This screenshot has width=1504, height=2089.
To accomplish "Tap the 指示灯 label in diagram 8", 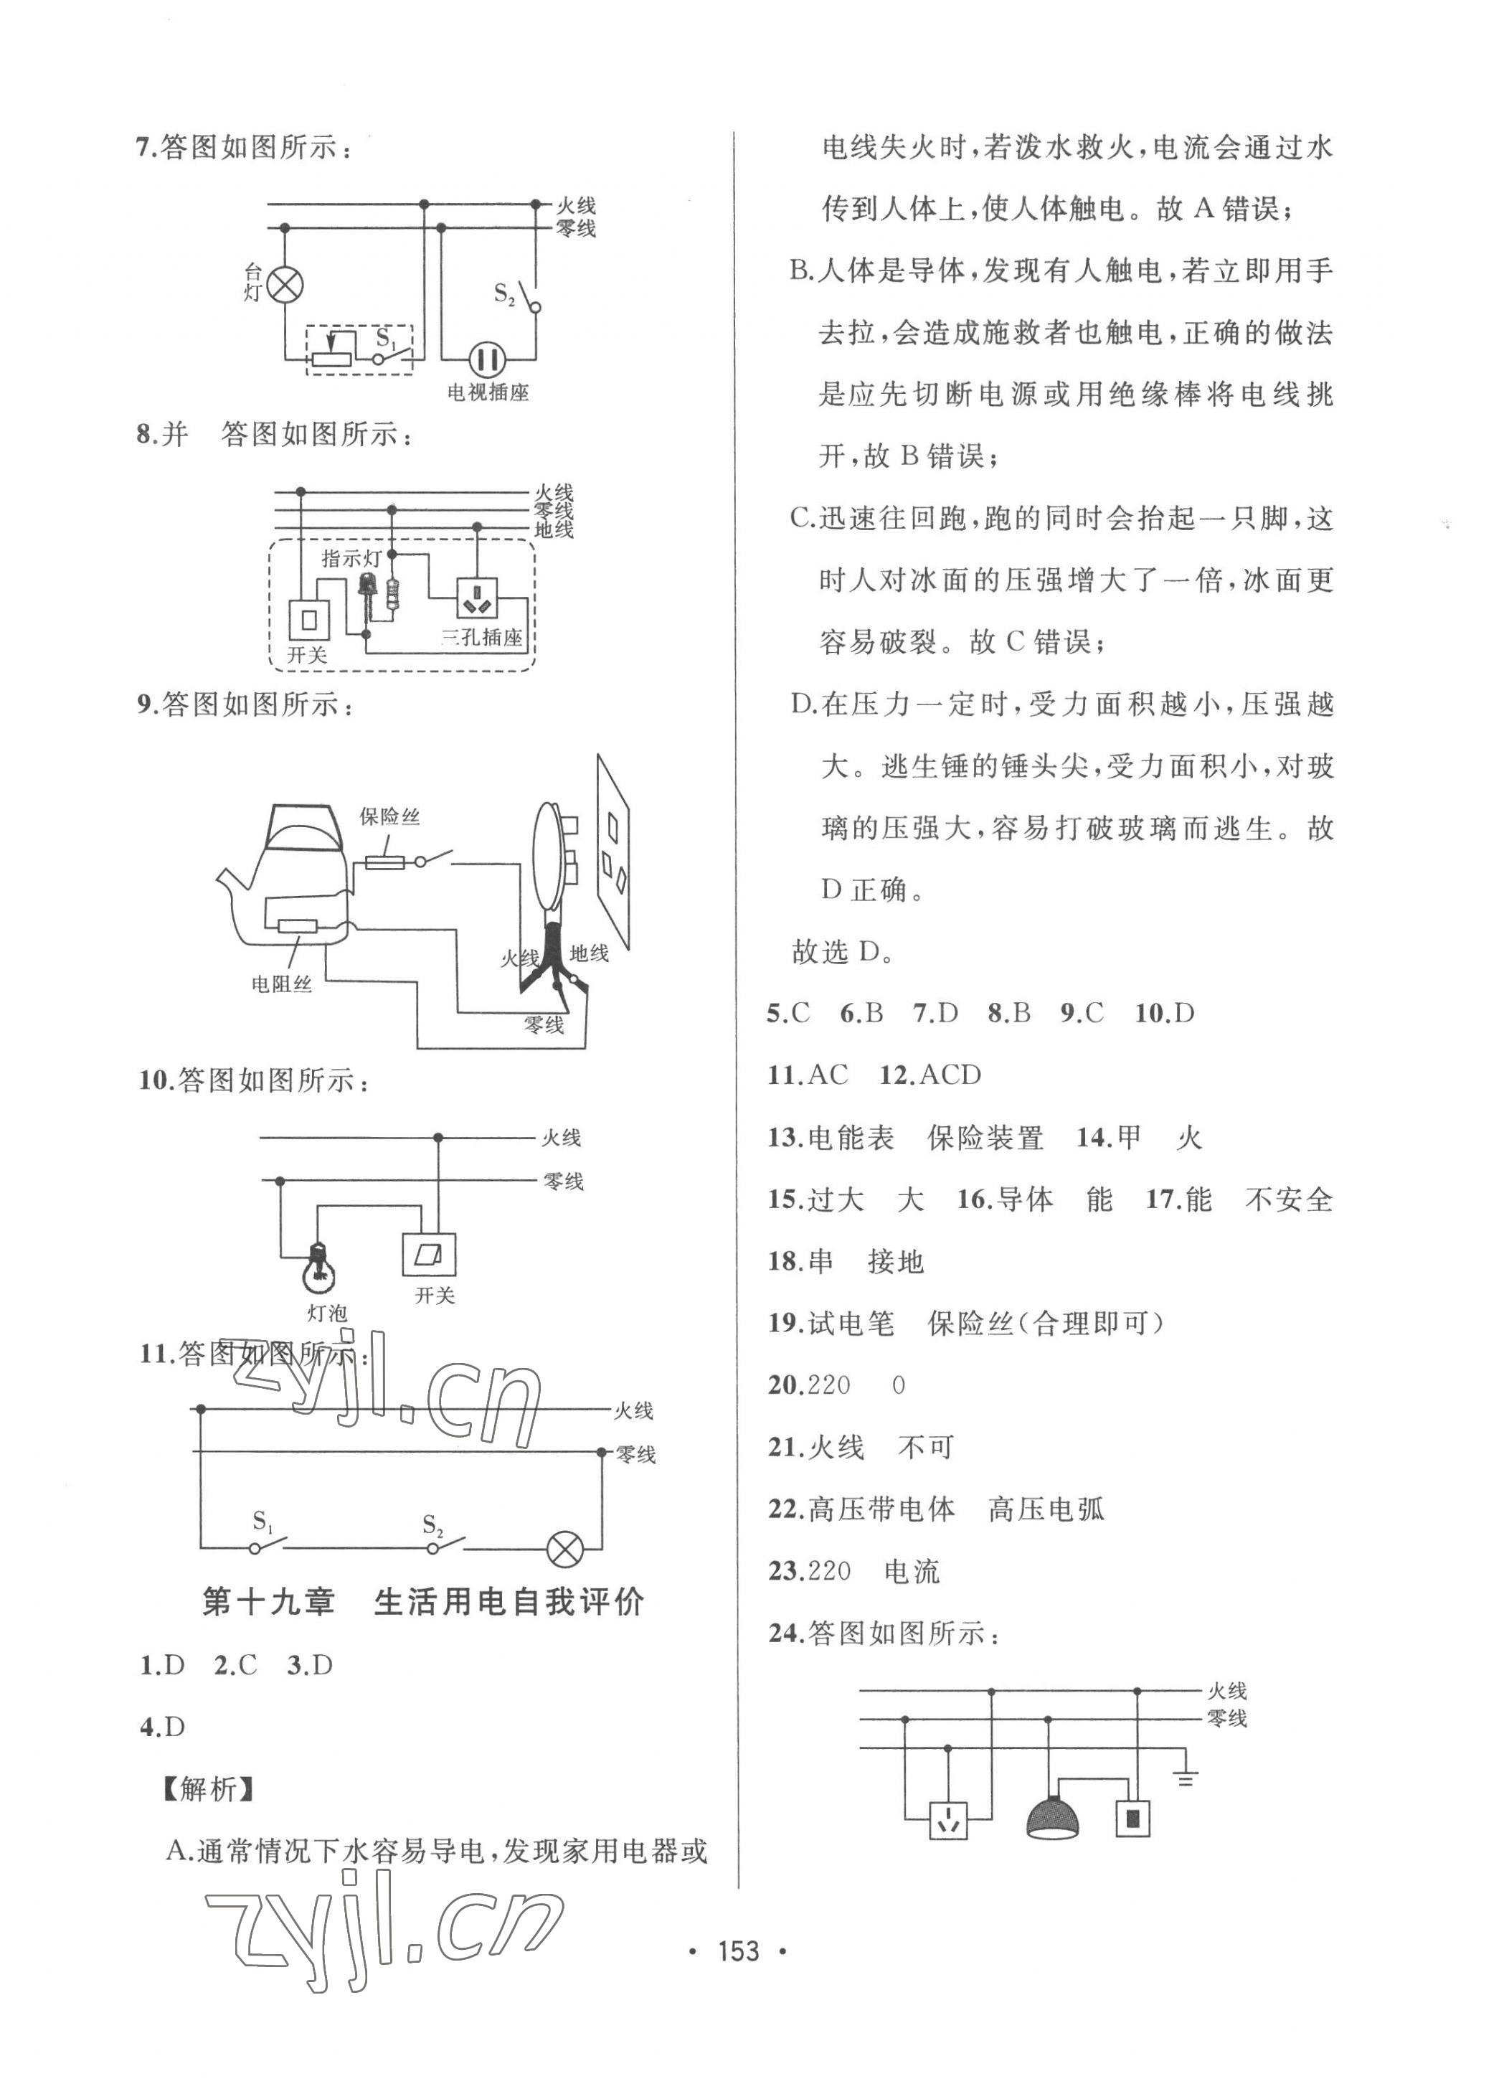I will click(351, 559).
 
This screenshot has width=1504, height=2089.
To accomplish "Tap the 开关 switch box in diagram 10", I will click(429, 1253).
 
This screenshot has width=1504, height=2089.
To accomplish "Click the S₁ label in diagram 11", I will click(263, 1521).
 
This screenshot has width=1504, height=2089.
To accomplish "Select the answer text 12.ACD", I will click(930, 1075).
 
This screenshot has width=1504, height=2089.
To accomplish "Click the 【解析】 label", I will click(207, 1788).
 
